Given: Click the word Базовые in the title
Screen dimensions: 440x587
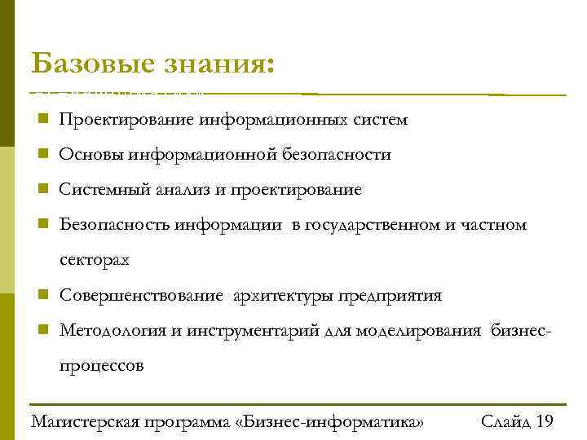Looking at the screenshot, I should tap(88, 64).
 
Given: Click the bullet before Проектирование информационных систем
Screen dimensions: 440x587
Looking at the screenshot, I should tap(41, 120).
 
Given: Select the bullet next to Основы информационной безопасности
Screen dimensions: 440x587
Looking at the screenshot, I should tap(41, 154).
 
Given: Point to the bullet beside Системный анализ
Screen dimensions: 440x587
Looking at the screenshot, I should tap(41, 189).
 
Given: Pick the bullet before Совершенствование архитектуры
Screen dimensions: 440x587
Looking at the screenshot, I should tap(41, 295).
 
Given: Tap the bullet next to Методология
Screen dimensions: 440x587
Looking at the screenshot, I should tap(41, 330).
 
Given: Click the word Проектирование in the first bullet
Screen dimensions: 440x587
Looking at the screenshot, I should tap(126, 121).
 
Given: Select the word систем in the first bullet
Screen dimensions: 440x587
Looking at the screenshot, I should tap(381, 121).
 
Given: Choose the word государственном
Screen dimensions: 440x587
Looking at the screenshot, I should tap(373, 225).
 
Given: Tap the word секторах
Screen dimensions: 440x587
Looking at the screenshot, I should tap(94, 261).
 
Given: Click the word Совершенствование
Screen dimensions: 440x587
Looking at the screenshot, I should tap(140, 296).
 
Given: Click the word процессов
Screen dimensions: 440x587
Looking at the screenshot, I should tap(101, 366).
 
